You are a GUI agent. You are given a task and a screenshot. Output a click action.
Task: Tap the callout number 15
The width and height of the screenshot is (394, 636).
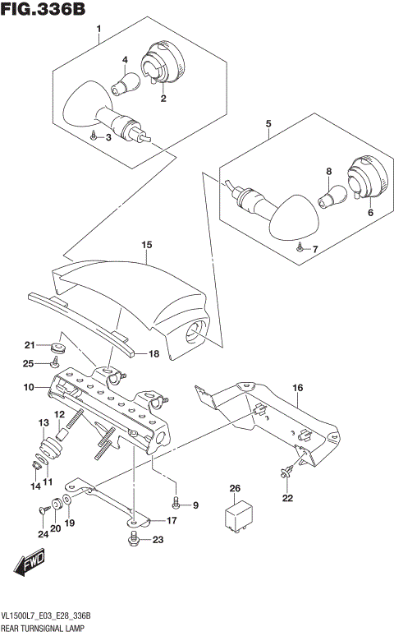tap(146, 245)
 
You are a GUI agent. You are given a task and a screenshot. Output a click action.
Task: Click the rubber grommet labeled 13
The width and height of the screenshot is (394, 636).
tap(48, 449)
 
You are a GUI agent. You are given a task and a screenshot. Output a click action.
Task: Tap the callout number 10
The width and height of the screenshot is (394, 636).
tap(27, 386)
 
